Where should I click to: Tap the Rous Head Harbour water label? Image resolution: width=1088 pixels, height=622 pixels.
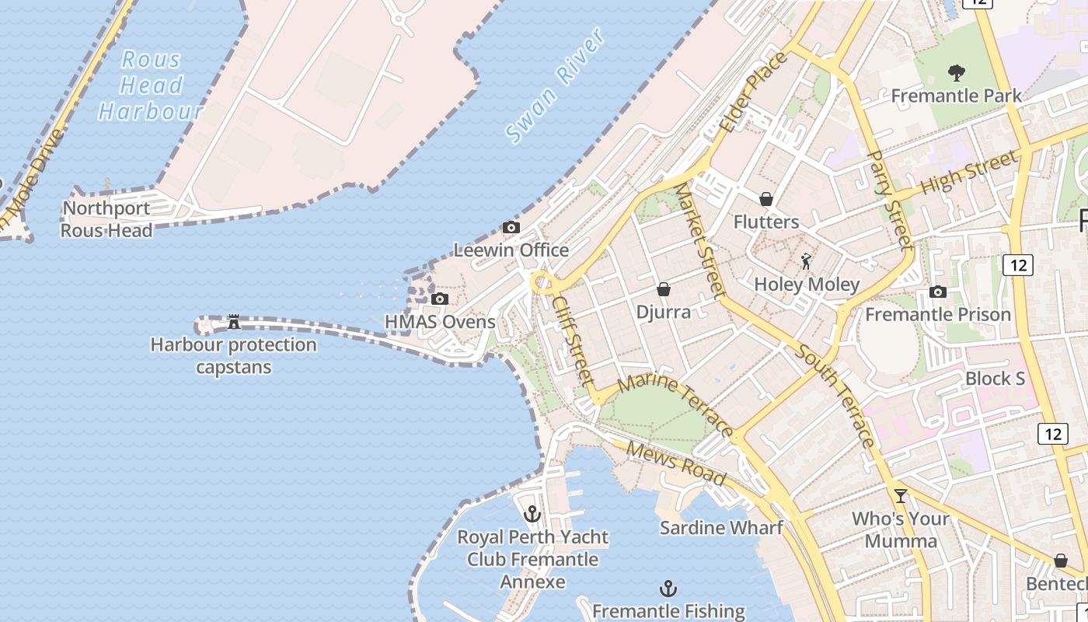click(x=151, y=86)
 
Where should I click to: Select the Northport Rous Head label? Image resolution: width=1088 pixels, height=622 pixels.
click(x=106, y=219)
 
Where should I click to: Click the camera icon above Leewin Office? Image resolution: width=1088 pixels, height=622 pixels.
click(x=511, y=228)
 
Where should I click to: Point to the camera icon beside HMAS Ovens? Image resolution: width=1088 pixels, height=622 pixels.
click(x=440, y=299)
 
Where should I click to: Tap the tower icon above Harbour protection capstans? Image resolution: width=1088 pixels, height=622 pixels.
click(x=233, y=322)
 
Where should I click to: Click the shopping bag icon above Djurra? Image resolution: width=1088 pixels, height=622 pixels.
click(x=664, y=289)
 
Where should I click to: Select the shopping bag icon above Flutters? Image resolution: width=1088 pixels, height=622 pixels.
click(x=766, y=199)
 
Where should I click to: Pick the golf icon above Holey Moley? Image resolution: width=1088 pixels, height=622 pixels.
click(x=807, y=261)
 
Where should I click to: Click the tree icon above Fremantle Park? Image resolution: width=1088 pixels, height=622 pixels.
click(x=957, y=73)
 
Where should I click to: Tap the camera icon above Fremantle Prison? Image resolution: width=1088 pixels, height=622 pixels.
click(x=938, y=292)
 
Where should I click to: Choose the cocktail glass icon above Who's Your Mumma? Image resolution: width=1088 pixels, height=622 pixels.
click(x=901, y=495)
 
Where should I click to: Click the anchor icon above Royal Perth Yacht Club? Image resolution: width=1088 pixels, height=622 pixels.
click(x=532, y=514)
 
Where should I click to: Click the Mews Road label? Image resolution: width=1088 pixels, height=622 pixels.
click(x=675, y=463)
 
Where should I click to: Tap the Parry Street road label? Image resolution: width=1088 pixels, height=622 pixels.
click(x=889, y=200)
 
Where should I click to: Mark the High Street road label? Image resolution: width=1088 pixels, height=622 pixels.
click(x=968, y=174)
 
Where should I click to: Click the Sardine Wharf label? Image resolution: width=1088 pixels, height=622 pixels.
click(x=721, y=528)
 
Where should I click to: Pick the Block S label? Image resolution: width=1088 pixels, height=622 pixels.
click(x=995, y=379)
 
